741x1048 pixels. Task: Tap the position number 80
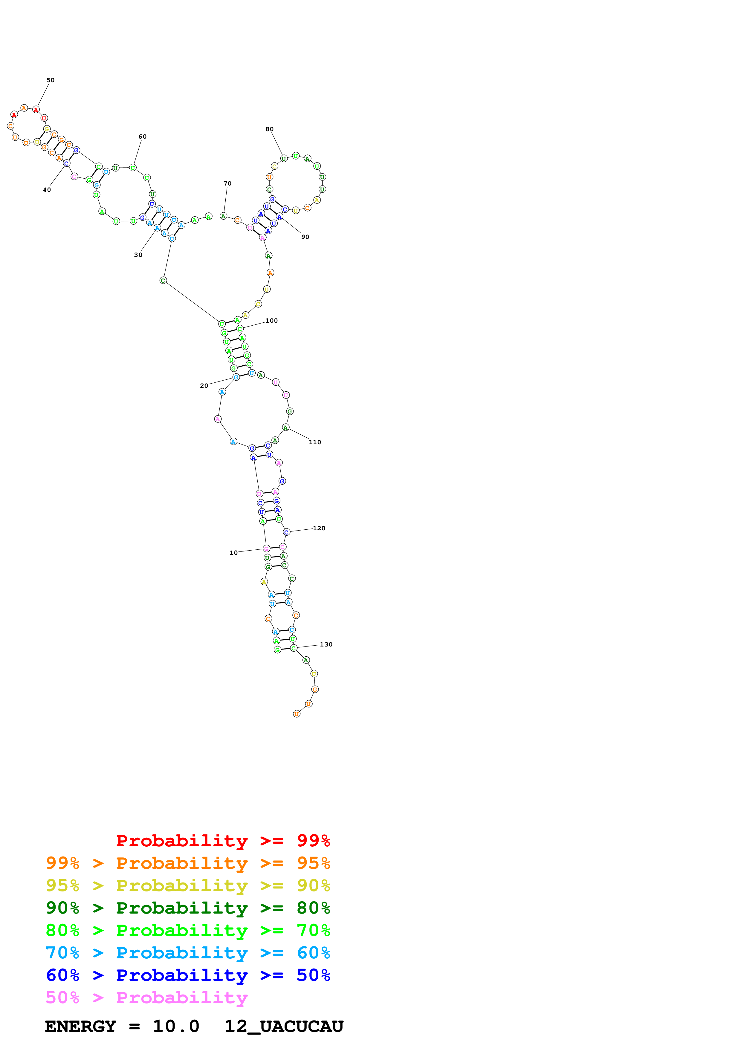(269, 129)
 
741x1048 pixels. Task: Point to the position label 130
(326, 644)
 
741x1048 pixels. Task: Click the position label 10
(233, 553)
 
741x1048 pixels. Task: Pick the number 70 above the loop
(227, 183)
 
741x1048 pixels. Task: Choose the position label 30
(138, 255)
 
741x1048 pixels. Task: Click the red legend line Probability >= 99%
(223, 840)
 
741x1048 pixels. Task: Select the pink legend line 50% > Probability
(146, 997)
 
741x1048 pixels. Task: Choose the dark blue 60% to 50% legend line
(188, 975)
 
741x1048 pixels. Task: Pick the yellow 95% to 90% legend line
(188, 885)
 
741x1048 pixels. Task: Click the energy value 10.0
(176, 1026)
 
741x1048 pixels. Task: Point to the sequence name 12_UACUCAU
(284, 1026)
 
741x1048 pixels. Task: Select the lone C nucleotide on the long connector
(163, 280)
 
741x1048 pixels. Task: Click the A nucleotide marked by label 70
(223, 216)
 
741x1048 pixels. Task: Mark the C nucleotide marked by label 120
(286, 532)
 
